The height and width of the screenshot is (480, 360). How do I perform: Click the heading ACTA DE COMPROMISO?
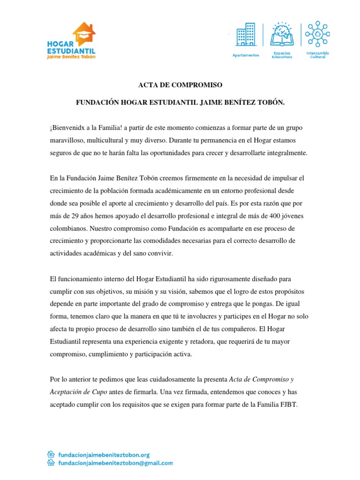click(180, 85)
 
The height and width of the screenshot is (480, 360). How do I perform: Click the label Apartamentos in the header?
click(246, 55)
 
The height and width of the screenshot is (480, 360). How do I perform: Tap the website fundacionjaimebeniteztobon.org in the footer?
click(104, 455)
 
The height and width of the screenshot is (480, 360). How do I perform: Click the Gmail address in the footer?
click(115, 463)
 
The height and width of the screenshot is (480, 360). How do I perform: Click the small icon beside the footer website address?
click(52, 455)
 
